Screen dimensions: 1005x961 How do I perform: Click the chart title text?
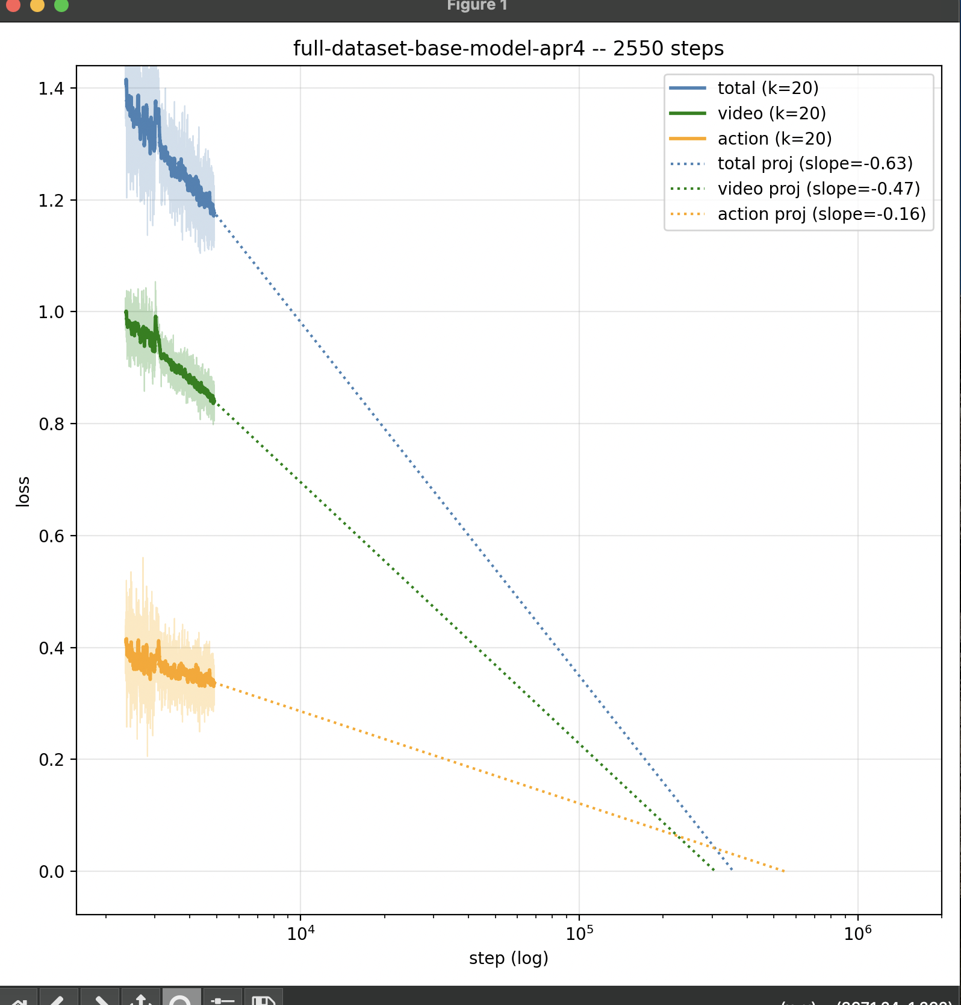[508, 48]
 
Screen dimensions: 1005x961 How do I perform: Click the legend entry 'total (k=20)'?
[768, 88]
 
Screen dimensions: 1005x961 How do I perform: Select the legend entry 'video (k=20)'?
[771, 113]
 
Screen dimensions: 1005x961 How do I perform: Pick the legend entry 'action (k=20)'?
[774, 139]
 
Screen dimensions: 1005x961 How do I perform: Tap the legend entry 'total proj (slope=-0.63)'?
[815, 163]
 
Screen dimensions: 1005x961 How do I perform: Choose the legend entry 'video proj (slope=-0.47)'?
[818, 189]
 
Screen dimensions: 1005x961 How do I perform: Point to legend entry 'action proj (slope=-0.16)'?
[821, 214]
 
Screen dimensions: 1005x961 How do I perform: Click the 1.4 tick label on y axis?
[51, 89]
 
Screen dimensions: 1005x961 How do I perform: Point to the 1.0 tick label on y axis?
[51, 312]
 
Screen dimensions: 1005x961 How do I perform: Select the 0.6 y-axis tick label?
[51, 536]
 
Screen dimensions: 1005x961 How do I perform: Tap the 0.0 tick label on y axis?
[51, 872]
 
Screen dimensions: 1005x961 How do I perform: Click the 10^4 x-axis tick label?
[300, 933]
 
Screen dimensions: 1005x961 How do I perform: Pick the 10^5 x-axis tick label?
[579, 933]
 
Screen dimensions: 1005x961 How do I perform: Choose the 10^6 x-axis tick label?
[857, 933]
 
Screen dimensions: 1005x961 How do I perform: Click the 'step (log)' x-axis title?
[508, 958]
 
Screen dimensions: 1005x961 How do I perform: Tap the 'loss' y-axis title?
[23, 491]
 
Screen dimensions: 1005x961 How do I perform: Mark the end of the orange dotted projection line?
[784, 871]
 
